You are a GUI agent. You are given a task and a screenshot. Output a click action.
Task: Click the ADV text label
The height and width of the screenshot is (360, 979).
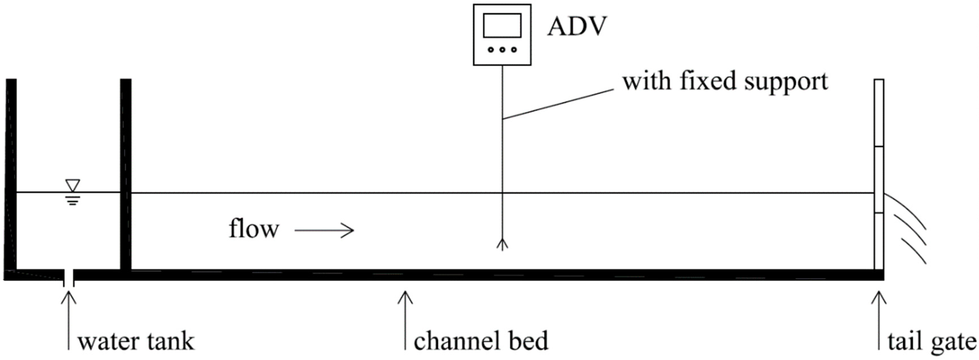[x=577, y=27]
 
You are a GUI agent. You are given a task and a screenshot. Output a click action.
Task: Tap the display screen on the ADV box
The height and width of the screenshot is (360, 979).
[x=502, y=26]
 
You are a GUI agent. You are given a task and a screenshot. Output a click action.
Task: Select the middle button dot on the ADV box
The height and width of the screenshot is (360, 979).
[x=502, y=49]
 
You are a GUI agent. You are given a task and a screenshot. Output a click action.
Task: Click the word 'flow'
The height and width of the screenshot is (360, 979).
[x=254, y=229]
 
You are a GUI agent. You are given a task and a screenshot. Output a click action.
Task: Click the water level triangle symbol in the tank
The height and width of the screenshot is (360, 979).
[x=73, y=185]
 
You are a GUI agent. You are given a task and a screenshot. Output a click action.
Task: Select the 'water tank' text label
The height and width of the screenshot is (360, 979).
[x=136, y=341]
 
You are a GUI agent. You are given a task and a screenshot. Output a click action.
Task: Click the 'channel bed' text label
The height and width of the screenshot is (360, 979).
[x=481, y=341]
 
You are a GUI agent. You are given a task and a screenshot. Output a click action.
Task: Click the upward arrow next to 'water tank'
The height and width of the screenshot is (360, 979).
[x=69, y=319]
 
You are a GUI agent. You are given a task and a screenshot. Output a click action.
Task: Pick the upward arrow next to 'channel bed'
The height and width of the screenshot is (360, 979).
[x=405, y=319]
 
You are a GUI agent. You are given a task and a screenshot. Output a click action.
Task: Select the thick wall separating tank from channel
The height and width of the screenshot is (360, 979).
[x=126, y=175]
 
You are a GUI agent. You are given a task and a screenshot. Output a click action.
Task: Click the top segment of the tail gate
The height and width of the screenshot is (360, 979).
[x=879, y=113]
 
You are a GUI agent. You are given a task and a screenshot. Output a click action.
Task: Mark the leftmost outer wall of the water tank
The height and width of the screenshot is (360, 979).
[x=11, y=175]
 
